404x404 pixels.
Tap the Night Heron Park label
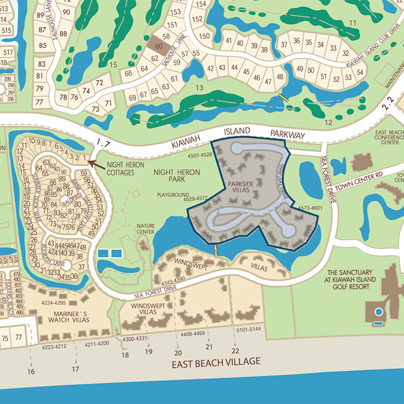177,176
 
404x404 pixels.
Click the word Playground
173,195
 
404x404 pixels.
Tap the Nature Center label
146,229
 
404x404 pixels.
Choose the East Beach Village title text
216,362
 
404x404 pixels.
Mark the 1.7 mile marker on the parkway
104,142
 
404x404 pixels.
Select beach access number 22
235,351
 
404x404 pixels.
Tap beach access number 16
31,371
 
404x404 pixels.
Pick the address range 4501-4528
200,155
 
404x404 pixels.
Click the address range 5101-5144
249,329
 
